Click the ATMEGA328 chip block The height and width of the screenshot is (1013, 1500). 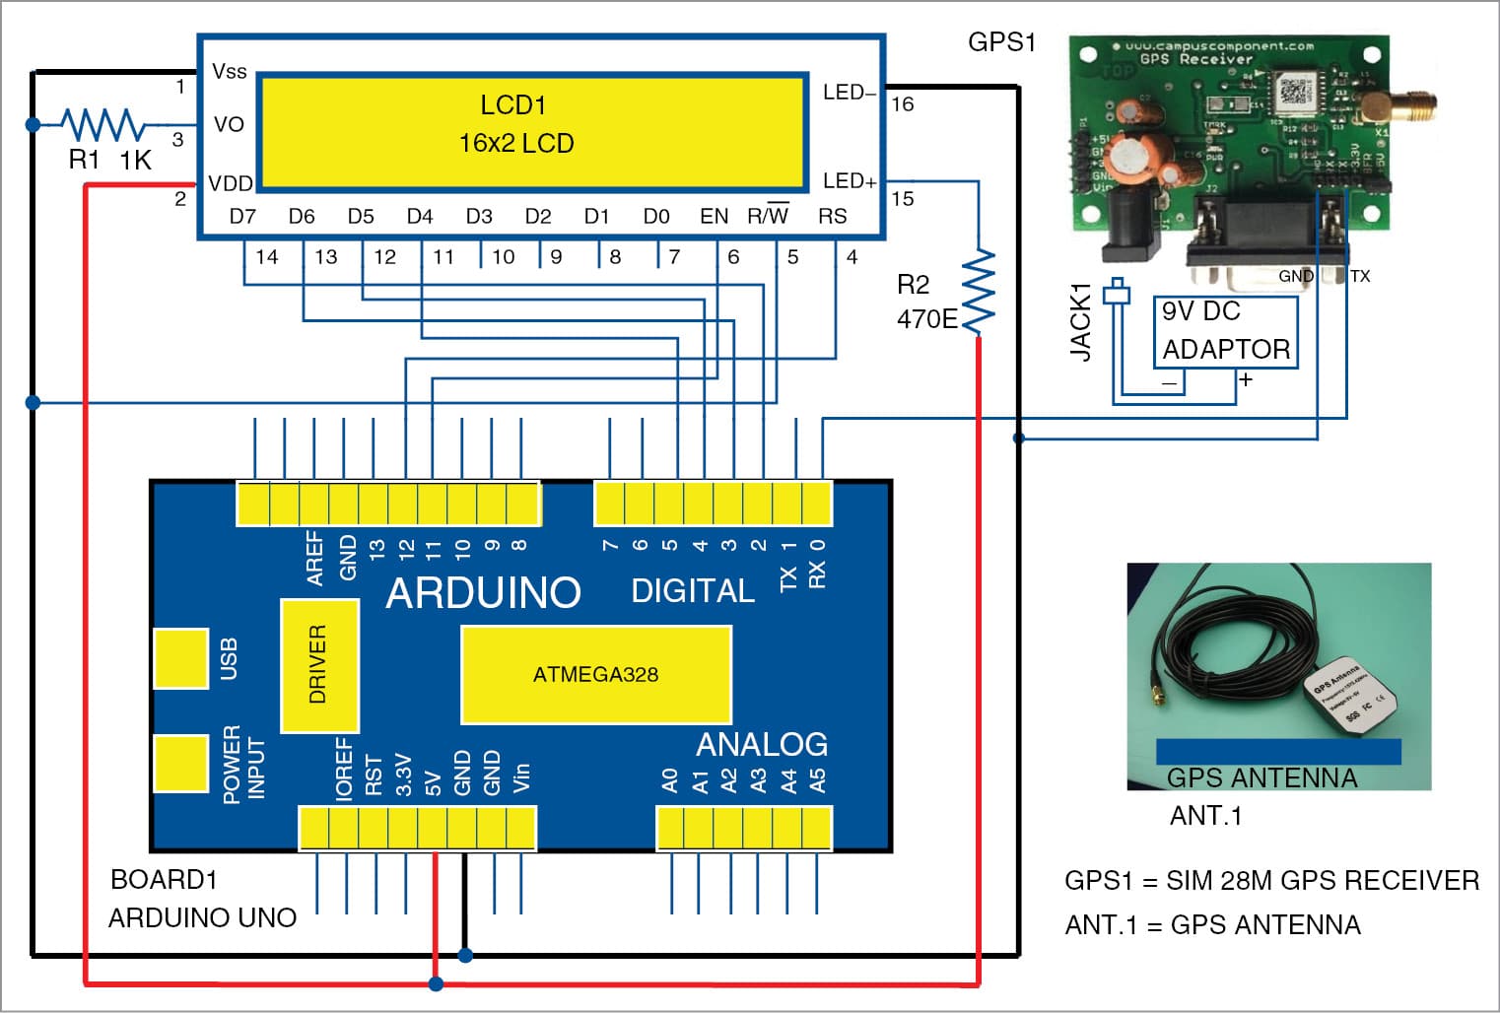click(x=596, y=675)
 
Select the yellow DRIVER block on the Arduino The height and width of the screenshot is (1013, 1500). click(x=319, y=665)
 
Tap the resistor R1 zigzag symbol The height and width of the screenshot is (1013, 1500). click(x=102, y=125)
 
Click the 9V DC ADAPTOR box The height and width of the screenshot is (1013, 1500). click(x=1225, y=331)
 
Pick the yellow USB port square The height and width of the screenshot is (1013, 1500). click(x=180, y=658)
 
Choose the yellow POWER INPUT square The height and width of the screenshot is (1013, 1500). click(x=180, y=764)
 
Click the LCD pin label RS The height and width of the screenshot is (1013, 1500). click(x=832, y=216)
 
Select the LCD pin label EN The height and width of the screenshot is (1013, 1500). click(x=714, y=216)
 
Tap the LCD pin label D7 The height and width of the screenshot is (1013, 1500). click(x=242, y=216)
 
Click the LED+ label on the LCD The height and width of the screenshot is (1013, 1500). click(x=849, y=181)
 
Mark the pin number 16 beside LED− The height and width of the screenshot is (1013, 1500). click(x=902, y=104)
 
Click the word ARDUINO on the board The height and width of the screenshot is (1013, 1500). click(x=483, y=592)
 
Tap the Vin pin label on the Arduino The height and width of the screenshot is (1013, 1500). click(x=521, y=777)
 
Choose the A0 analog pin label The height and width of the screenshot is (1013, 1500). click(x=670, y=780)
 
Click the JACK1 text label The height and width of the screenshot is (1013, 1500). click(x=1081, y=321)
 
